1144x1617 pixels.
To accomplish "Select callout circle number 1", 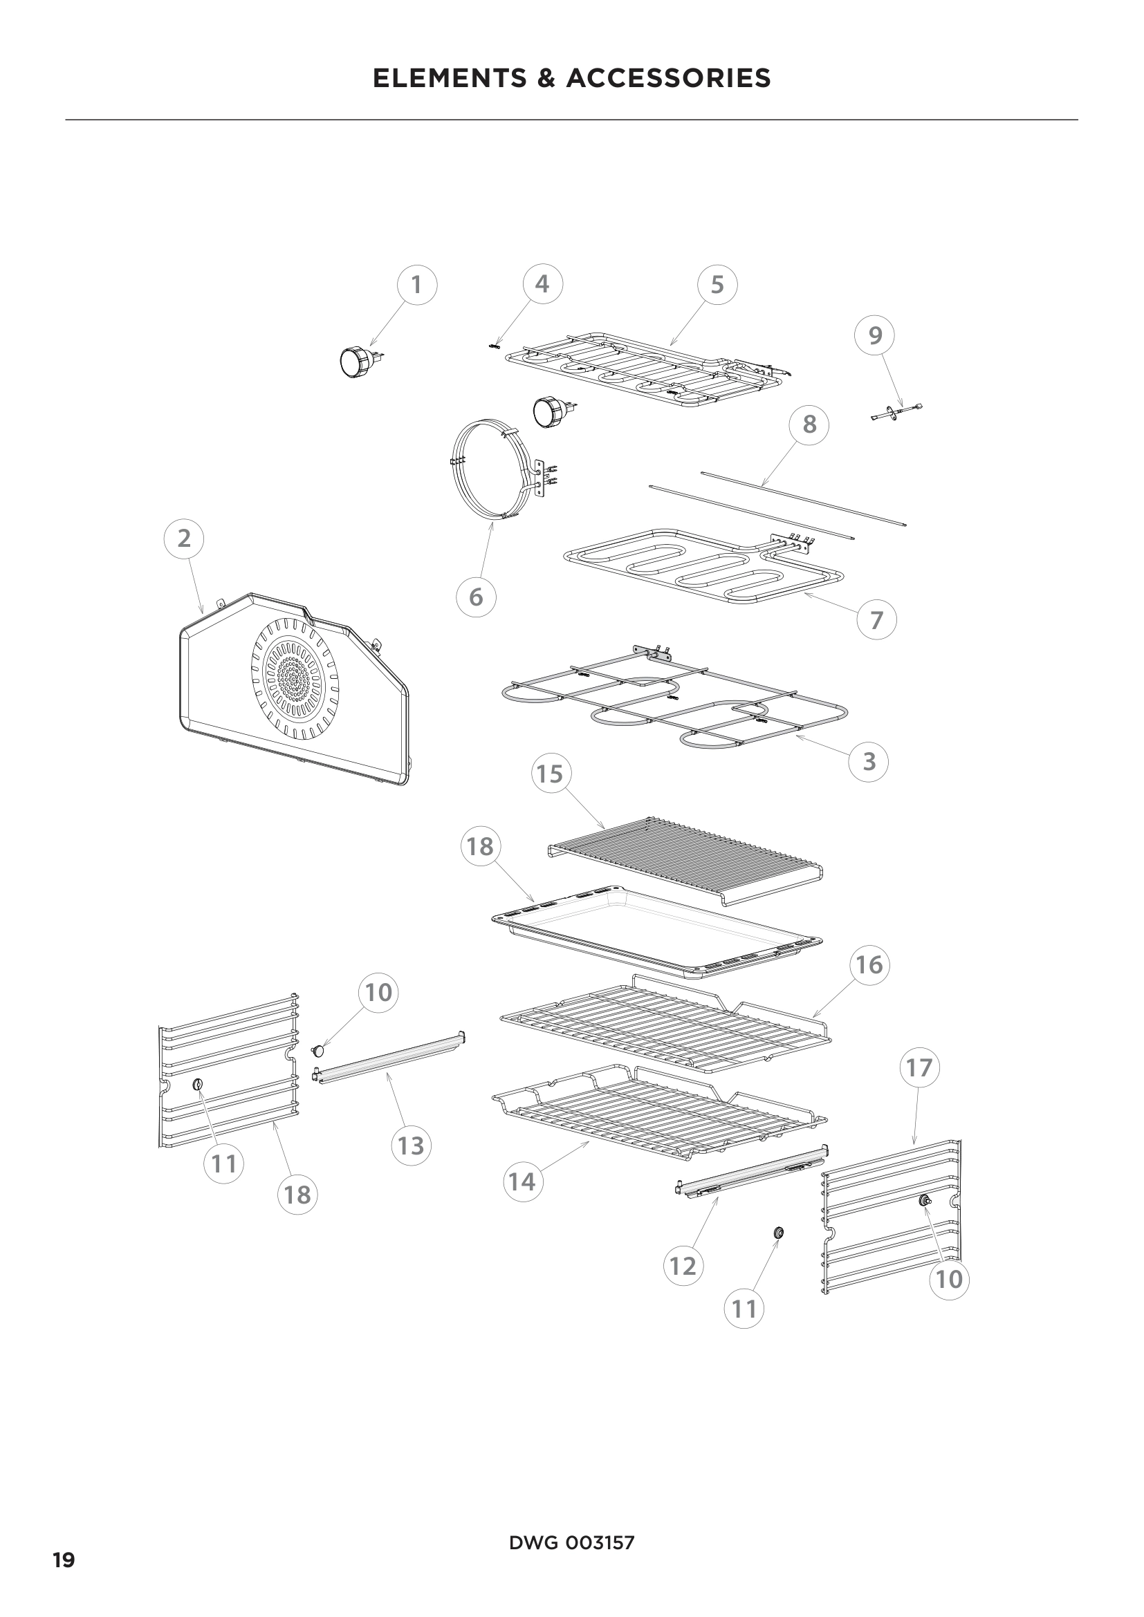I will pyautogui.click(x=416, y=286).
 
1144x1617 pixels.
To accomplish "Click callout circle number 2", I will pyautogui.click(x=184, y=539).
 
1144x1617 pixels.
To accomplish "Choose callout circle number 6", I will pyautogui.click(x=476, y=597).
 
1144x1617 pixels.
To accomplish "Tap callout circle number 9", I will pyautogui.click(x=875, y=336).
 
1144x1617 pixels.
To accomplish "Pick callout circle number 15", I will pyautogui.click(x=550, y=774).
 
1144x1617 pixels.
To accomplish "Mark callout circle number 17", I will pyautogui.click(x=919, y=1068).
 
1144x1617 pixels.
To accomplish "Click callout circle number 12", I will pyautogui.click(x=683, y=1266).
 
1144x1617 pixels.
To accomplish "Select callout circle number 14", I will pyautogui.click(x=522, y=1181).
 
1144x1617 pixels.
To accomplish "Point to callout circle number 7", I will pyautogui.click(x=876, y=620).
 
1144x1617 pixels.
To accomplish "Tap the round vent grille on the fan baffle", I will pyautogui.click(x=295, y=680).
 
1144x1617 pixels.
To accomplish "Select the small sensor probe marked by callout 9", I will pyautogui.click(x=894, y=413).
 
